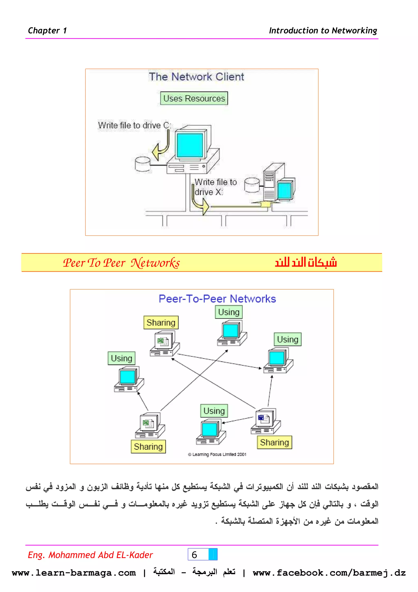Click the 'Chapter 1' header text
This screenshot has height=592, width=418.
pos(47,30)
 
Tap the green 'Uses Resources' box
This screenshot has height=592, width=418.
pos(194,98)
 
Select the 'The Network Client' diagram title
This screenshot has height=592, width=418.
pos(196,77)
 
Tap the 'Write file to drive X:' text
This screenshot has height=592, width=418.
pos(215,187)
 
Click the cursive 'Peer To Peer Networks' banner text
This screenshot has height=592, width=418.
pos(121,263)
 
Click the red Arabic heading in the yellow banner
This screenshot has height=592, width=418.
pos(306,262)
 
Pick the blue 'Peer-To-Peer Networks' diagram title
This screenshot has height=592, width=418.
pos(217,299)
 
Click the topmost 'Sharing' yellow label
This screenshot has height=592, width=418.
pos(161,323)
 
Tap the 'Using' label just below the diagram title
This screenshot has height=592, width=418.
pos(229,312)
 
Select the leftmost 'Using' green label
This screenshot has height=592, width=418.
pos(121,358)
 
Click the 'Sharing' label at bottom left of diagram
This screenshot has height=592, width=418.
pos(148,447)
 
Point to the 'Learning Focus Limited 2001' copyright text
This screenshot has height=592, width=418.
pos(217,454)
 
